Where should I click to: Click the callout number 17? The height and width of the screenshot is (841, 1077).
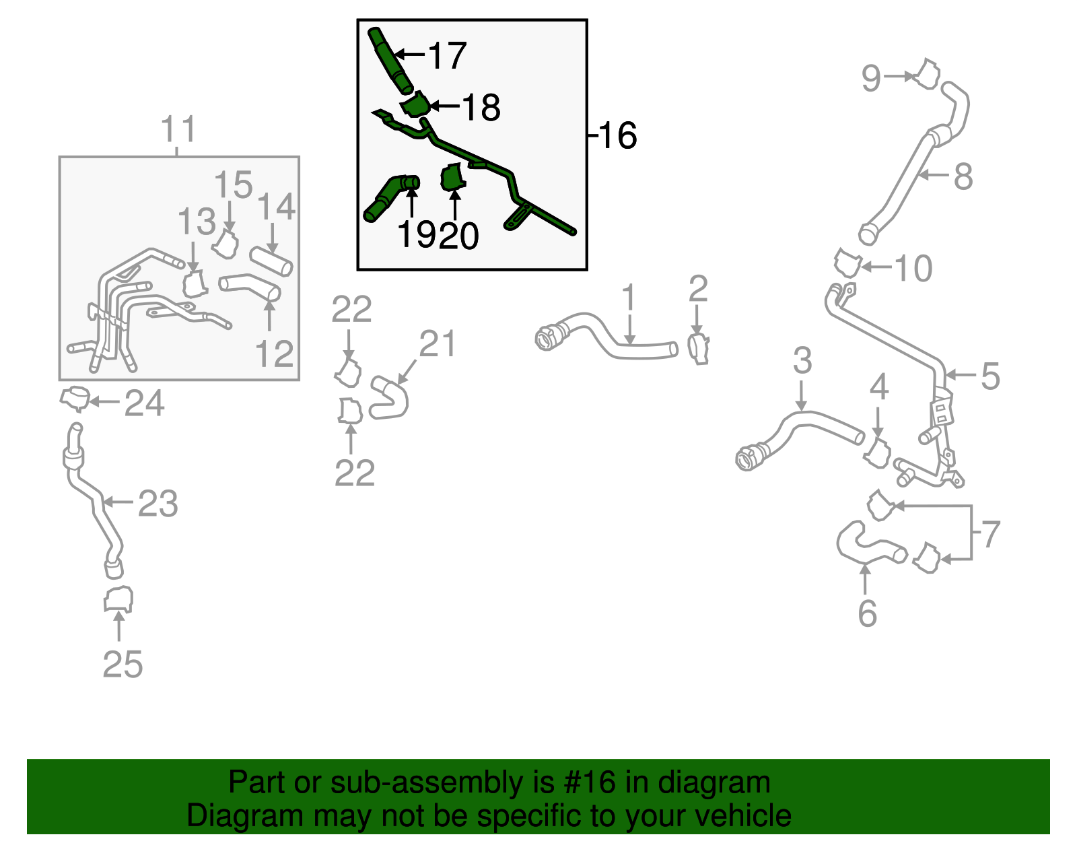(x=447, y=55)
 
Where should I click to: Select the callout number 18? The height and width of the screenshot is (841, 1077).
(x=481, y=107)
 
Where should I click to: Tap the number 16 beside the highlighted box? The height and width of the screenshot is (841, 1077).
(x=617, y=135)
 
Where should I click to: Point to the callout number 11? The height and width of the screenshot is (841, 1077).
(x=178, y=129)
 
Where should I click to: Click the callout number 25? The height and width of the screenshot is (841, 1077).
(x=123, y=664)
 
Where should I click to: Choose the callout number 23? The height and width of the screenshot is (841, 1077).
(x=158, y=504)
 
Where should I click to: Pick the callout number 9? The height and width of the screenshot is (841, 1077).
(x=871, y=78)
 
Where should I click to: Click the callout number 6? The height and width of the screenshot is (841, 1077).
(x=868, y=613)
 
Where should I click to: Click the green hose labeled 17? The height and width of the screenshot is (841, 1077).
(x=390, y=60)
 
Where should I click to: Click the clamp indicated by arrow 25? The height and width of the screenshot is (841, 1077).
(x=118, y=600)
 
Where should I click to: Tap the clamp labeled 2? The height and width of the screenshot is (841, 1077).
(x=698, y=349)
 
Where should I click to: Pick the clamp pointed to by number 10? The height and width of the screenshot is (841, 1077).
(x=849, y=263)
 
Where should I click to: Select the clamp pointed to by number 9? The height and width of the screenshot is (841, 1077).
(x=926, y=74)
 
